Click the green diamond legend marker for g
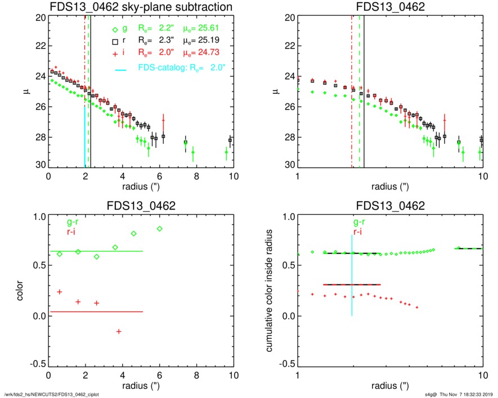115,29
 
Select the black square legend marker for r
115,41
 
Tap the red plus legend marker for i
115,53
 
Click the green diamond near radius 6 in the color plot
160,229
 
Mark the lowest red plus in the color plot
119,332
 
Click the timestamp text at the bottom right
460,394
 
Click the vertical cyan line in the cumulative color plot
352,275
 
